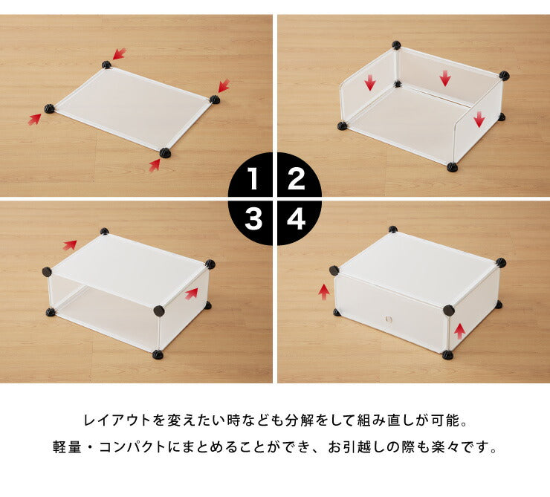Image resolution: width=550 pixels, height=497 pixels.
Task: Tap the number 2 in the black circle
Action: [x=297, y=180]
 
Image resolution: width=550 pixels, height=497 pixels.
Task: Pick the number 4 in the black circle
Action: [x=297, y=219]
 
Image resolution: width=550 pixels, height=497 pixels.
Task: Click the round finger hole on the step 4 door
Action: [x=388, y=319]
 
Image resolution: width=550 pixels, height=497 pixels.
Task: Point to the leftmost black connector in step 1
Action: [x=50, y=109]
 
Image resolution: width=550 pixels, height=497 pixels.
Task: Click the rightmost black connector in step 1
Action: [x=214, y=99]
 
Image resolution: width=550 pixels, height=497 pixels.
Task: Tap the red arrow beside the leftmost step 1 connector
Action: [x=34, y=118]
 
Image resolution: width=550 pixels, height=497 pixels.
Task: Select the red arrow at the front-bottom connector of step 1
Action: [x=154, y=165]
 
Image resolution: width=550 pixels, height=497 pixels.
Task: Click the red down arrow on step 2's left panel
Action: [x=369, y=82]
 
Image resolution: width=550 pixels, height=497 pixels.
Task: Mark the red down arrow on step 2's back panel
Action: [x=444, y=78]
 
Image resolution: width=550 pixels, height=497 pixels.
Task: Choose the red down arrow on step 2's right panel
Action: [x=479, y=118]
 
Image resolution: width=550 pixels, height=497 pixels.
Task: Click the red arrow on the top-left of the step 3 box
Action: [x=70, y=244]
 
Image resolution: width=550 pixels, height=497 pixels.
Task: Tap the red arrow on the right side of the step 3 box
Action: [x=192, y=293]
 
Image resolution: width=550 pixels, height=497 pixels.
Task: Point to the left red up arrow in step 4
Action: [x=323, y=292]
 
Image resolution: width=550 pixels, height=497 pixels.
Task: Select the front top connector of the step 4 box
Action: [x=448, y=310]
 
